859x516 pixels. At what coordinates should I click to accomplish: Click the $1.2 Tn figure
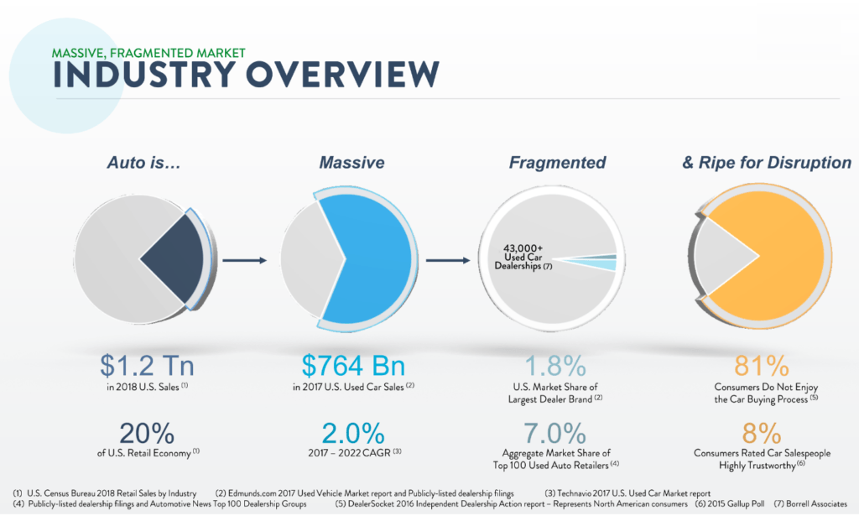(x=148, y=367)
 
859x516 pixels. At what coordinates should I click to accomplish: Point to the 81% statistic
(x=761, y=367)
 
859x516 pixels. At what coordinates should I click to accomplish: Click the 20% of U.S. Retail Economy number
(x=148, y=433)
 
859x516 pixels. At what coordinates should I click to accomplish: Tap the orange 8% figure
(x=761, y=433)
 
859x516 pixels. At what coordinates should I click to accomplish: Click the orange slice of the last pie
(x=772, y=252)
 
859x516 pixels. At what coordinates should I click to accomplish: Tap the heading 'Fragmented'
(x=557, y=163)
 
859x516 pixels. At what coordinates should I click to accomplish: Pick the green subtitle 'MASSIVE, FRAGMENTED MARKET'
(x=148, y=52)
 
